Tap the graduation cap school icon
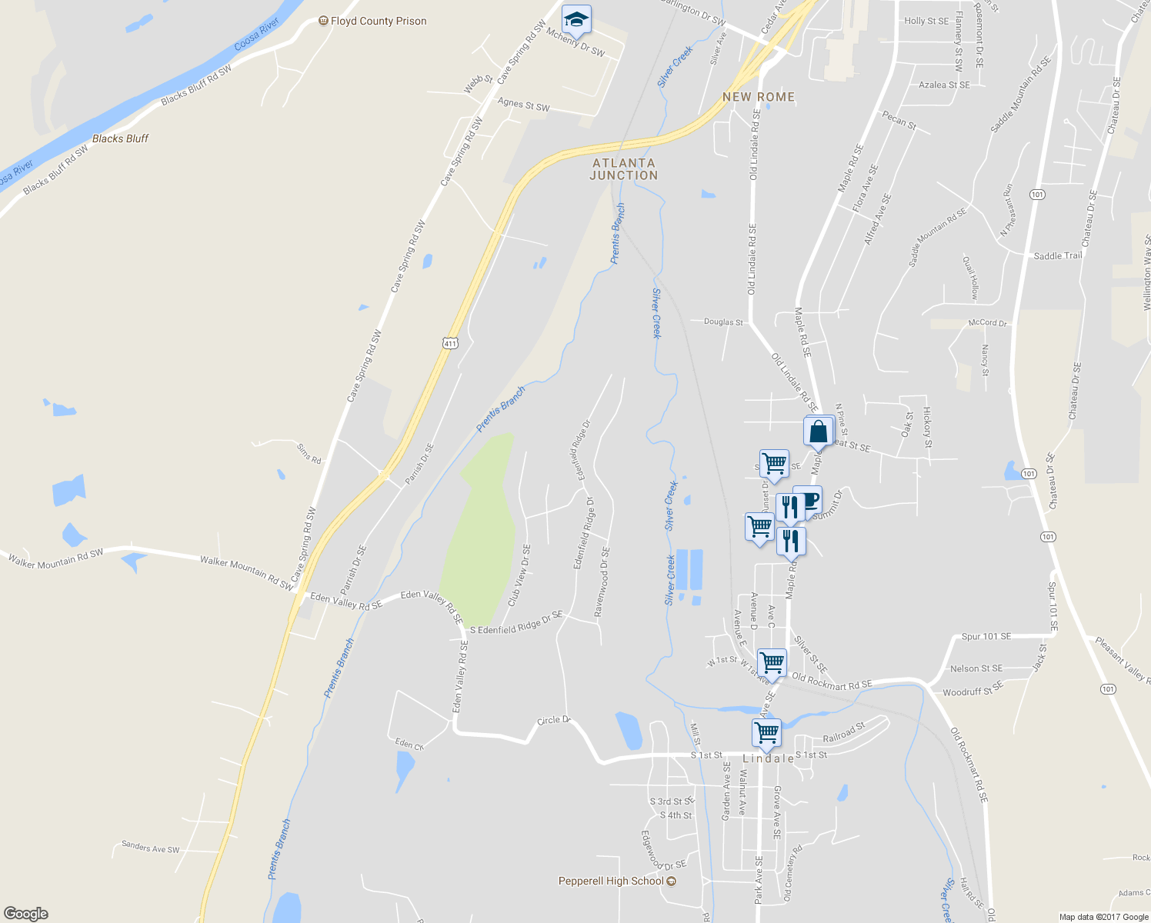click(576, 18)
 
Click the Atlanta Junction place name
click(624, 169)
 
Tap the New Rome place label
click(759, 97)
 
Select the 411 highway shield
click(450, 343)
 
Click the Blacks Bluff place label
click(120, 138)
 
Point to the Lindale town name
click(769, 758)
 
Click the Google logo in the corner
click(26, 913)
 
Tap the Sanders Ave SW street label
click(151, 848)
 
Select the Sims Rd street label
click(309, 454)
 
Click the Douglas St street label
click(723, 322)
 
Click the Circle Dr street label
click(553, 721)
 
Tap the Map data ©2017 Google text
click(1103, 917)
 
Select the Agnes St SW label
click(523, 105)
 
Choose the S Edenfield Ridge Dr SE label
click(516, 624)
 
